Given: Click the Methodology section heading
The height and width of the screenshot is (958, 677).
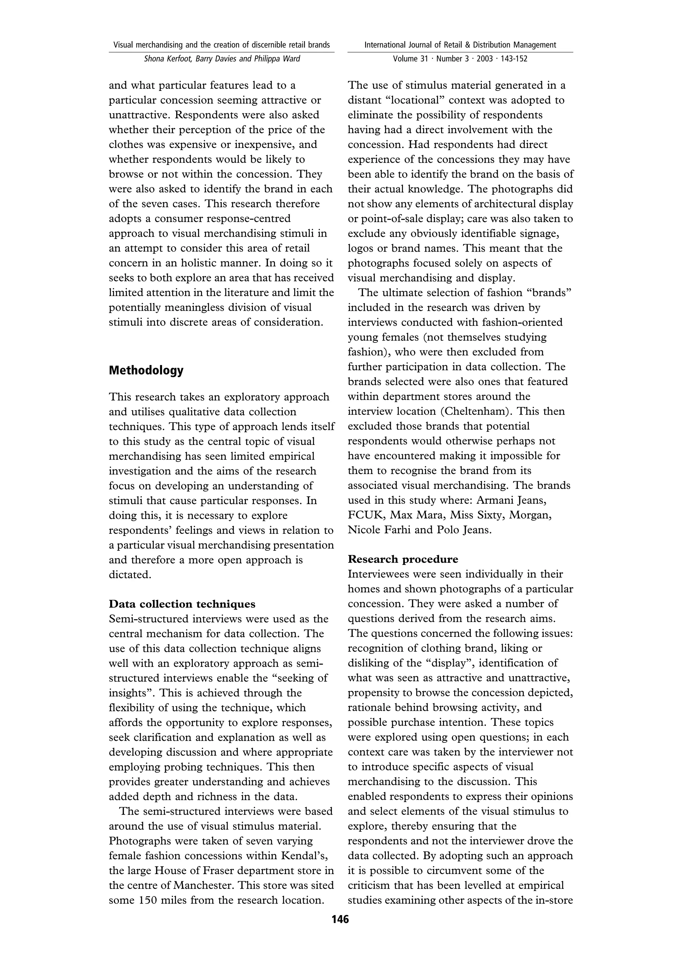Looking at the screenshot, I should tap(146, 371).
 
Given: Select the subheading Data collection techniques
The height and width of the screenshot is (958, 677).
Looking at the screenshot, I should tap(182, 604).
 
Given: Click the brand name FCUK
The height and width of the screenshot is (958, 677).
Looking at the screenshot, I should tap(365, 515).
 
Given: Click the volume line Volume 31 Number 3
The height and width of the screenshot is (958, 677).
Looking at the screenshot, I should tap(460, 59).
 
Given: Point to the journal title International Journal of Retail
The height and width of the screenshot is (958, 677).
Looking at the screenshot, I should tap(460, 45).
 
